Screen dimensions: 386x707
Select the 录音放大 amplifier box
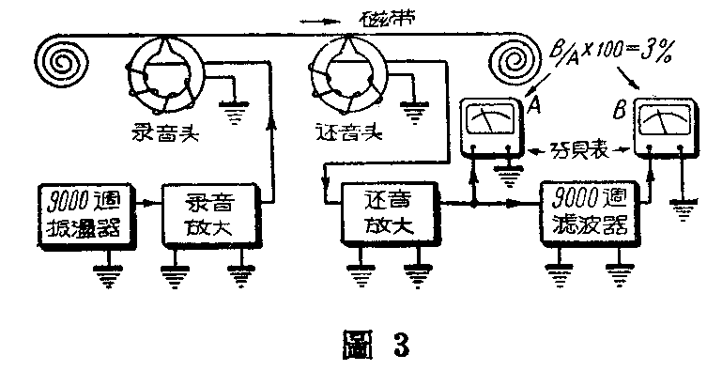point(204,214)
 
